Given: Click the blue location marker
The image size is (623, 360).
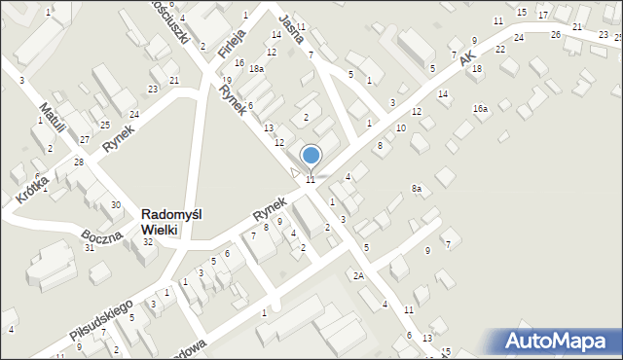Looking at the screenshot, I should tap(311, 156).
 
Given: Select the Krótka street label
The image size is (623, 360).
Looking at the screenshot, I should tap(31, 186).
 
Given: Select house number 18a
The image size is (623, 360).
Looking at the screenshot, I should tap(256, 69).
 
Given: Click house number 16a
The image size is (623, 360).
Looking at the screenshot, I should tap(480, 109).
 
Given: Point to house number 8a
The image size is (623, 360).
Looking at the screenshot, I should tap(417, 188).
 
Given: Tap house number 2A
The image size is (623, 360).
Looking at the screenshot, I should tap(358, 276).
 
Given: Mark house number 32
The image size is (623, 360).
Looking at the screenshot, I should tap(148, 241).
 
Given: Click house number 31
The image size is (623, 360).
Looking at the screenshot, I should tap(89, 247).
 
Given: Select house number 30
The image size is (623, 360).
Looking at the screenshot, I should tap(116, 204).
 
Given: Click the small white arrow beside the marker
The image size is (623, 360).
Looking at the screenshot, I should tap(295, 172).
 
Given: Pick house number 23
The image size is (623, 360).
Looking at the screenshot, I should tap(153, 90).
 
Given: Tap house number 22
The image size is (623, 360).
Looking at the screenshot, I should tap(499, 49).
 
